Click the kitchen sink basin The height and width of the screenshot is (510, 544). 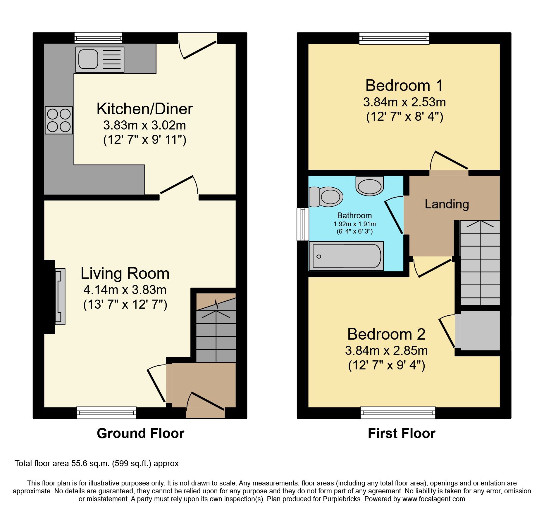point(88,59)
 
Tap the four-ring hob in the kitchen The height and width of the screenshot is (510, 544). point(59,120)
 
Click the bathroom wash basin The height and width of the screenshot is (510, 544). point(370,186)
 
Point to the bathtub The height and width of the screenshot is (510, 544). point(346,256)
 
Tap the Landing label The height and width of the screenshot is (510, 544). point(447,204)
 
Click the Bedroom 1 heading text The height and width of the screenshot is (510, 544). point(404,86)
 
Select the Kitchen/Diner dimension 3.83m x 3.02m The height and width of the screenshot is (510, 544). point(144,125)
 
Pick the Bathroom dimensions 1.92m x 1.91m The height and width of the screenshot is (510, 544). point(354,224)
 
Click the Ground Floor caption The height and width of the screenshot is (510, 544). point(140,433)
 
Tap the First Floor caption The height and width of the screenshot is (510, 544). point(402,433)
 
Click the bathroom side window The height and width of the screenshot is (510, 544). point(303,224)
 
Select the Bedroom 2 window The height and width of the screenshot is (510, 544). point(398,412)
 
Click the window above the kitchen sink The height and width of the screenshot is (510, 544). point(98,38)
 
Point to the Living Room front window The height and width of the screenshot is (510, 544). point(106,412)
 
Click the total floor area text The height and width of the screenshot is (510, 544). point(97,464)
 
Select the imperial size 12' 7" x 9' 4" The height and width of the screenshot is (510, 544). point(386,365)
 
